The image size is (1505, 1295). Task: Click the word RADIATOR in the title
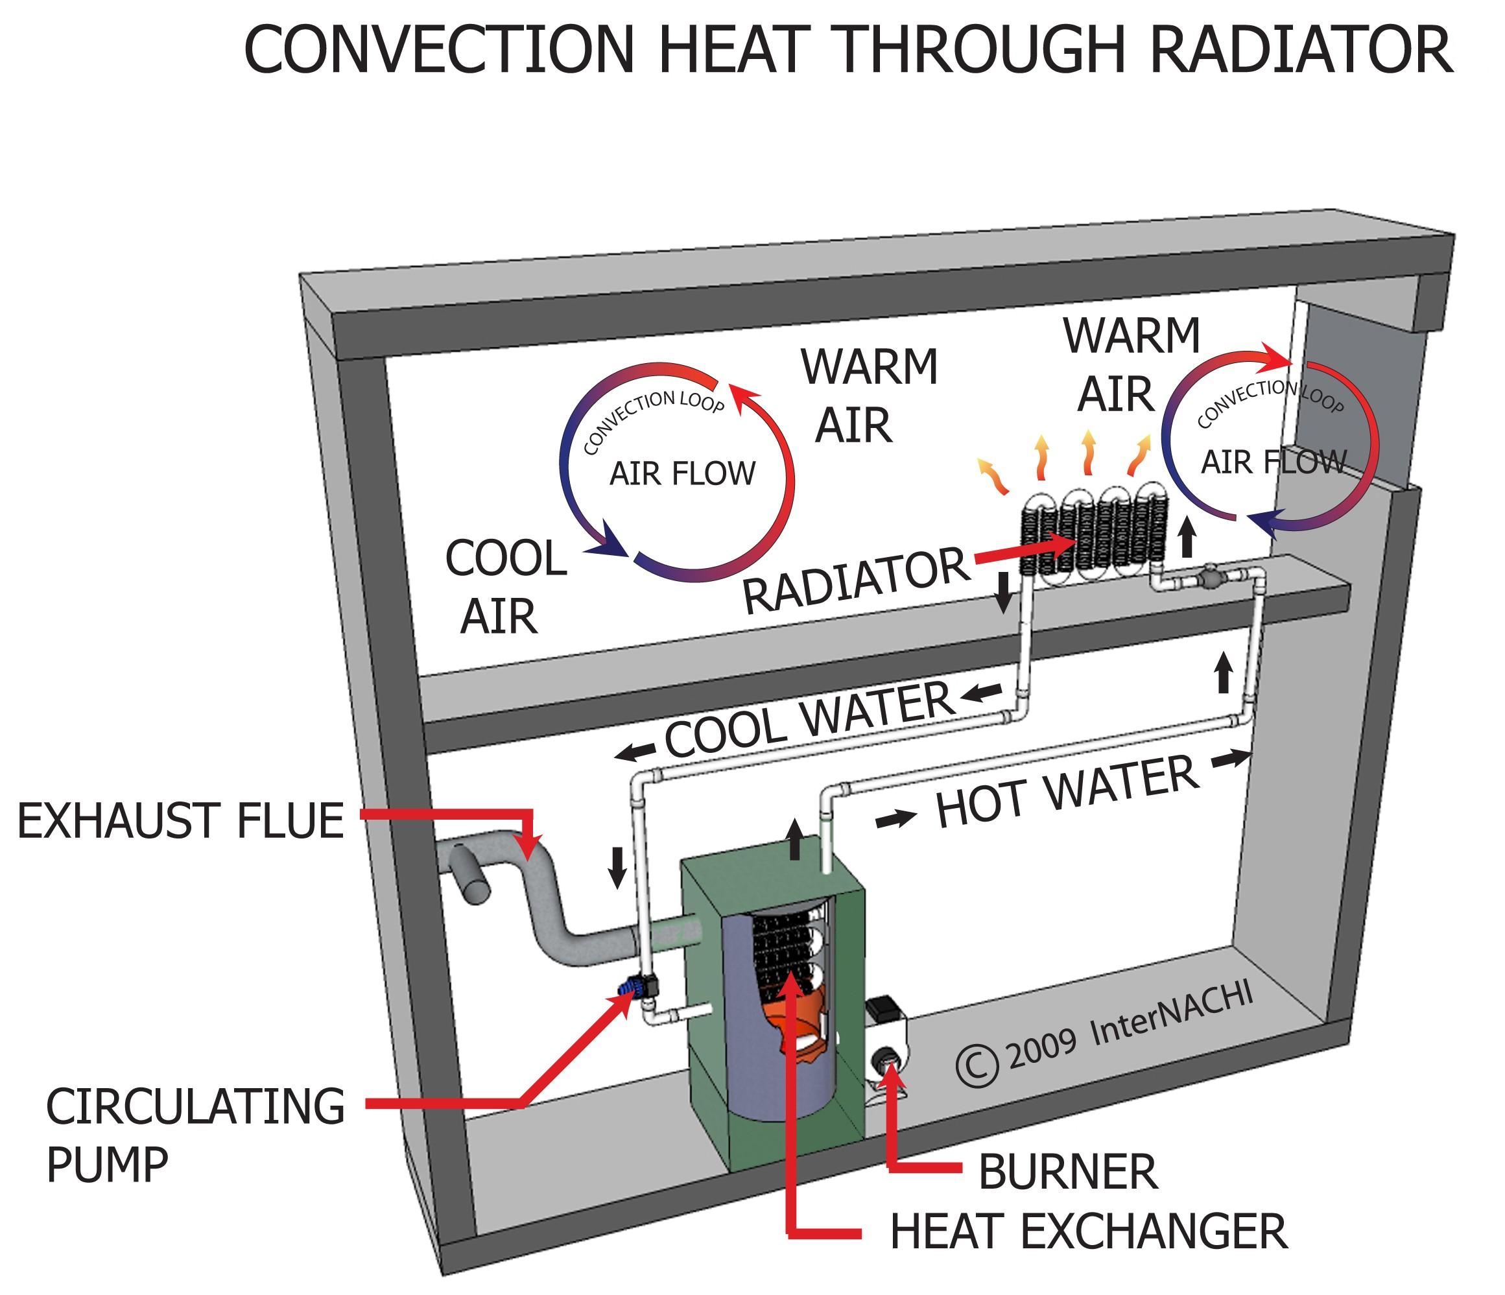click(1300, 51)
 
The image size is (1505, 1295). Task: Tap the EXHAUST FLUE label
click(180, 822)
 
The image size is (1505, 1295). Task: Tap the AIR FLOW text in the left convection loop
click(682, 474)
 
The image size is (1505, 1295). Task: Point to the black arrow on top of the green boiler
click(794, 839)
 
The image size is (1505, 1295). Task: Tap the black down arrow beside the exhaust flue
click(617, 866)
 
